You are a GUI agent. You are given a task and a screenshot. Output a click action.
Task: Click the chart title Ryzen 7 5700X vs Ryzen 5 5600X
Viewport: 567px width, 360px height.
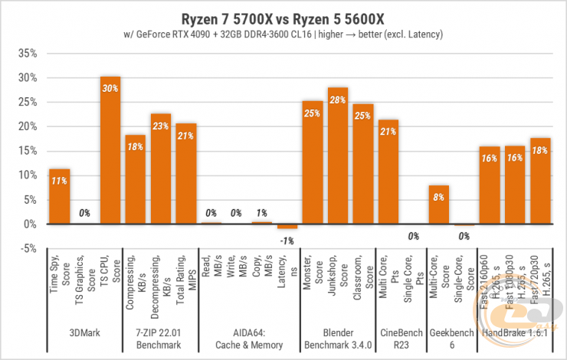click(x=283, y=18)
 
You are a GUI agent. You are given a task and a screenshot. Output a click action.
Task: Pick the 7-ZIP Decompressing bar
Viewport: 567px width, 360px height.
click(x=161, y=169)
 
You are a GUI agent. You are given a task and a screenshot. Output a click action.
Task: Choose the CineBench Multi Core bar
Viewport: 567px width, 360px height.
click(x=388, y=172)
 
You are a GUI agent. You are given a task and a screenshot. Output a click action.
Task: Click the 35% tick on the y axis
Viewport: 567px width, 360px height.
click(x=27, y=54)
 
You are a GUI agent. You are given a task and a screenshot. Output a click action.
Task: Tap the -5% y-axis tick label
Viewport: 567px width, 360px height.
click(x=27, y=249)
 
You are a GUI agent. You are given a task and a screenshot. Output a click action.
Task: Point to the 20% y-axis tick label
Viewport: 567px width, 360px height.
click(x=27, y=127)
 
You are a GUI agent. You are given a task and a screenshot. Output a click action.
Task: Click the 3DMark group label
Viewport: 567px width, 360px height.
click(x=85, y=334)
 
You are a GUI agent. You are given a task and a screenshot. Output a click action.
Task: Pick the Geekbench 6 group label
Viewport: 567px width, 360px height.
click(x=451, y=339)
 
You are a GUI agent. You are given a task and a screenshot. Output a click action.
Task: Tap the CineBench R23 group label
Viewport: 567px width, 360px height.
click(x=401, y=339)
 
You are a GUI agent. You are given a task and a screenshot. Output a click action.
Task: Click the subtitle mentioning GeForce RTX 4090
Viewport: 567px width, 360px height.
click(x=283, y=34)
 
